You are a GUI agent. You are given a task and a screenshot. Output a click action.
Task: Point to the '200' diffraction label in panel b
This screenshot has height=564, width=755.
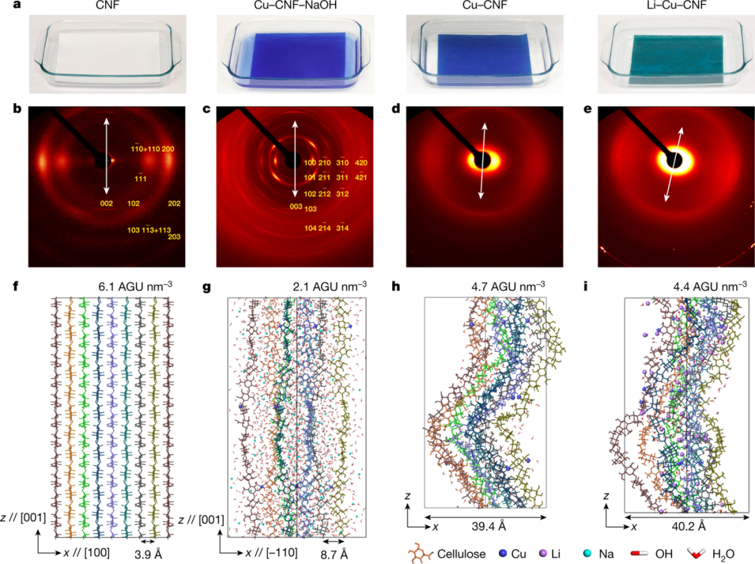click(168, 148)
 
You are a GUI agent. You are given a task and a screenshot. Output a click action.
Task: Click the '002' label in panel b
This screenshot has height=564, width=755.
click(106, 204)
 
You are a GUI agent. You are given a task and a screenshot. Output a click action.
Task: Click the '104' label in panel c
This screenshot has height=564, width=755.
click(310, 228)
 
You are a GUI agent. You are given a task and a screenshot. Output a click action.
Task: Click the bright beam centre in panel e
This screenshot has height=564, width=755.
click(675, 160)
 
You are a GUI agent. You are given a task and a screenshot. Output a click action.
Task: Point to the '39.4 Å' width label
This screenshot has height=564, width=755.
click(485, 526)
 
